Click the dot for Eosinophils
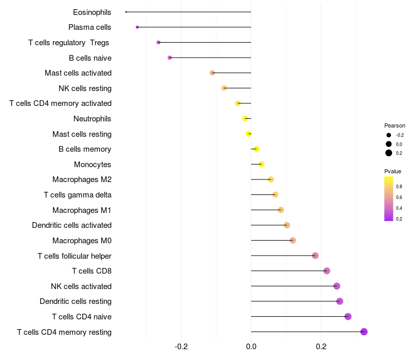(x=126, y=12)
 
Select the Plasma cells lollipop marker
(x=137, y=27)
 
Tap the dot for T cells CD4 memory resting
(x=364, y=332)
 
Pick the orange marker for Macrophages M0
(x=293, y=240)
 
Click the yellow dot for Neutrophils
(x=245, y=119)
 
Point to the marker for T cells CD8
(x=327, y=271)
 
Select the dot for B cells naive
(x=170, y=58)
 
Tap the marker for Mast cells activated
(x=212, y=73)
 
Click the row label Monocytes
(x=92, y=165)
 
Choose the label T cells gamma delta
(x=78, y=195)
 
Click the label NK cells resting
(x=85, y=88)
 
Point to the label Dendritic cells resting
(x=76, y=301)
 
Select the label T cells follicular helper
(x=74, y=256)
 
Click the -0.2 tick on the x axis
(x=181, y=347)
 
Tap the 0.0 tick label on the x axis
(x=251, y=347)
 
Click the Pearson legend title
(x=395, y=125)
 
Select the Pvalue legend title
(x=393, y=171)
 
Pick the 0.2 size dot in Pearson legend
(x=389, y=153)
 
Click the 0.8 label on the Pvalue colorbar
(x=399, y=187)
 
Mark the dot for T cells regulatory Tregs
(x=158, y=42)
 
